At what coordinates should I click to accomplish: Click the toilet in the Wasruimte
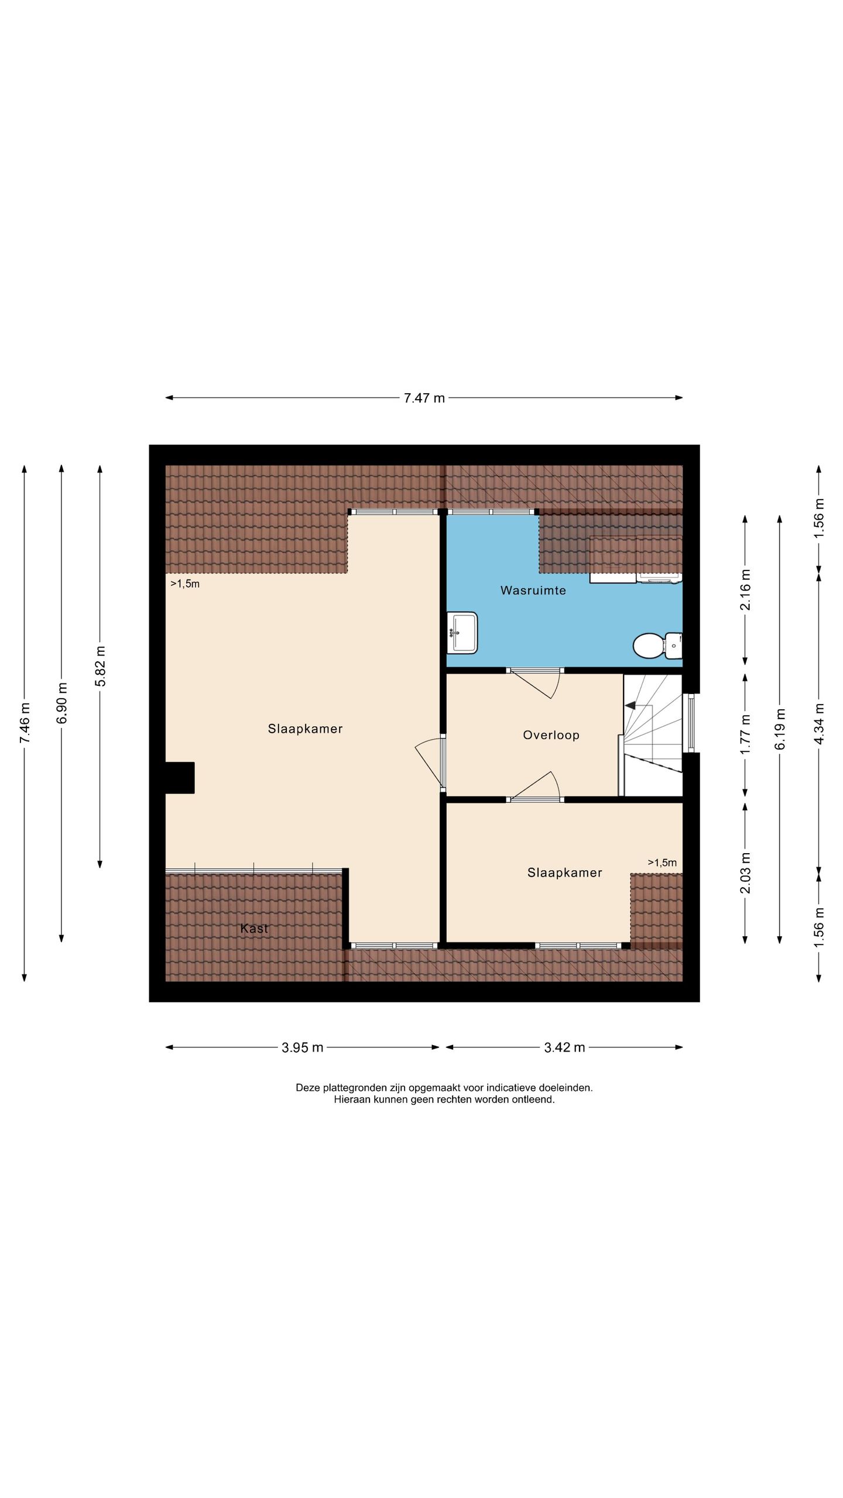click(657, 645)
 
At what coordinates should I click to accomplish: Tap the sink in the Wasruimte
click(462, 633)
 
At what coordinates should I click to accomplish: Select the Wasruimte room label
click(533, 590)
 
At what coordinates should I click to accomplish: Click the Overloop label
click(551, 736)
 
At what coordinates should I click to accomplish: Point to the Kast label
click(254, 928)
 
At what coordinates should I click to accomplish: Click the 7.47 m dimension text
click(424, 398)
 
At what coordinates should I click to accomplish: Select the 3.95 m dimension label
click(302, 1047)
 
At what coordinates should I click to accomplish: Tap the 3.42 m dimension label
click(564, 1047)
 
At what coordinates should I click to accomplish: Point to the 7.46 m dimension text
click(25, 723)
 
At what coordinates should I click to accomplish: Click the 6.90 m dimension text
click(61, 703)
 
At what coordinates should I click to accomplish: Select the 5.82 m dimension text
click(100, 666)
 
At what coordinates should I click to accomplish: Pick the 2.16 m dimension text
click(745, 589)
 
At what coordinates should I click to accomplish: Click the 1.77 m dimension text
click(745, 734)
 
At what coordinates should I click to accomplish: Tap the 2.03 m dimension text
click(745, 873)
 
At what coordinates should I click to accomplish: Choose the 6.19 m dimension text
click(780, 729)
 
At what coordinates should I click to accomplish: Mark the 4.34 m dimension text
click(819, 723)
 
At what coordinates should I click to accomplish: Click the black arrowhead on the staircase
click(630, 705)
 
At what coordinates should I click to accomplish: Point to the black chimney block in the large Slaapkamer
click(180, 778)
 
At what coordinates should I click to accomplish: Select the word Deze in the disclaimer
click(308, 1088)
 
